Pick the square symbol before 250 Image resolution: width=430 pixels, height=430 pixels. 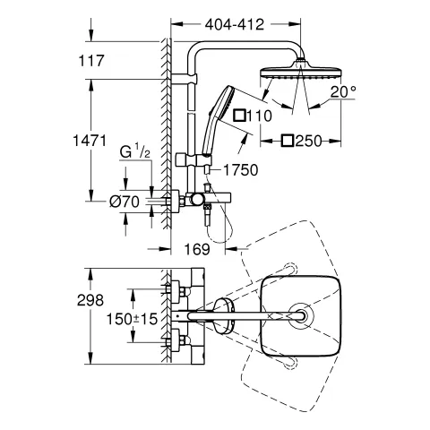point(288,140)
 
